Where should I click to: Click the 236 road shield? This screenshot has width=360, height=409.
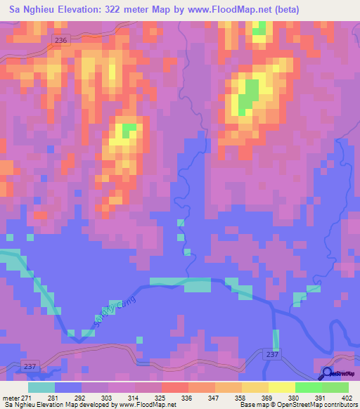click(61, 41)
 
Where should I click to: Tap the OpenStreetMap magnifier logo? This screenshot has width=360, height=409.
click(328, 374)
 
